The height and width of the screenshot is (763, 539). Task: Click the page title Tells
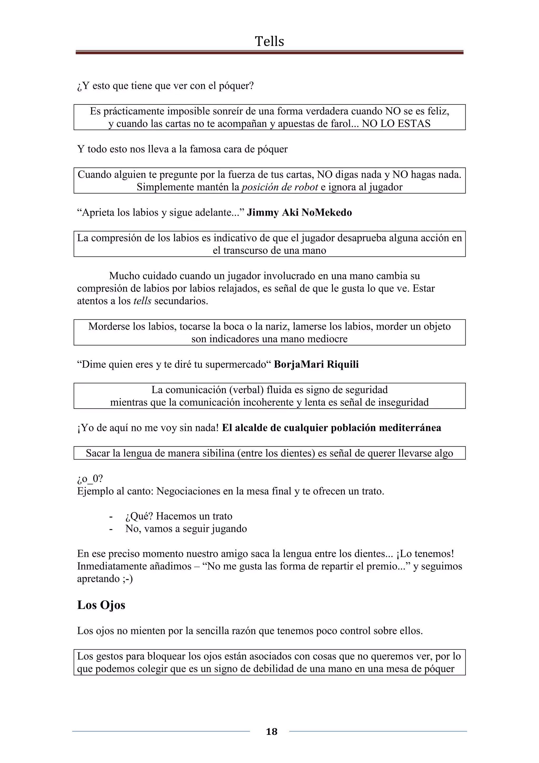tap(269, 42)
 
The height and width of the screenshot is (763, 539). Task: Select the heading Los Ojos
tap(101, 605)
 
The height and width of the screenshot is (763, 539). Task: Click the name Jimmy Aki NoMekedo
tap(299, 212)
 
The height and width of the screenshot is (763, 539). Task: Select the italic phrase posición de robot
tap(280, 187)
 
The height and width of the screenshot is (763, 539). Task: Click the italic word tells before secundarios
tap(142, 301)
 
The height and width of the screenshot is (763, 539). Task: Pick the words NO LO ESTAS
tap(396, 124)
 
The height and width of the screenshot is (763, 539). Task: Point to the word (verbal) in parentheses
tap(245, 390)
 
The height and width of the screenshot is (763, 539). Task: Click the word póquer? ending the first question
tap(236, 86)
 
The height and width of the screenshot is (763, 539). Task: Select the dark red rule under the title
tap(269, 52)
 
